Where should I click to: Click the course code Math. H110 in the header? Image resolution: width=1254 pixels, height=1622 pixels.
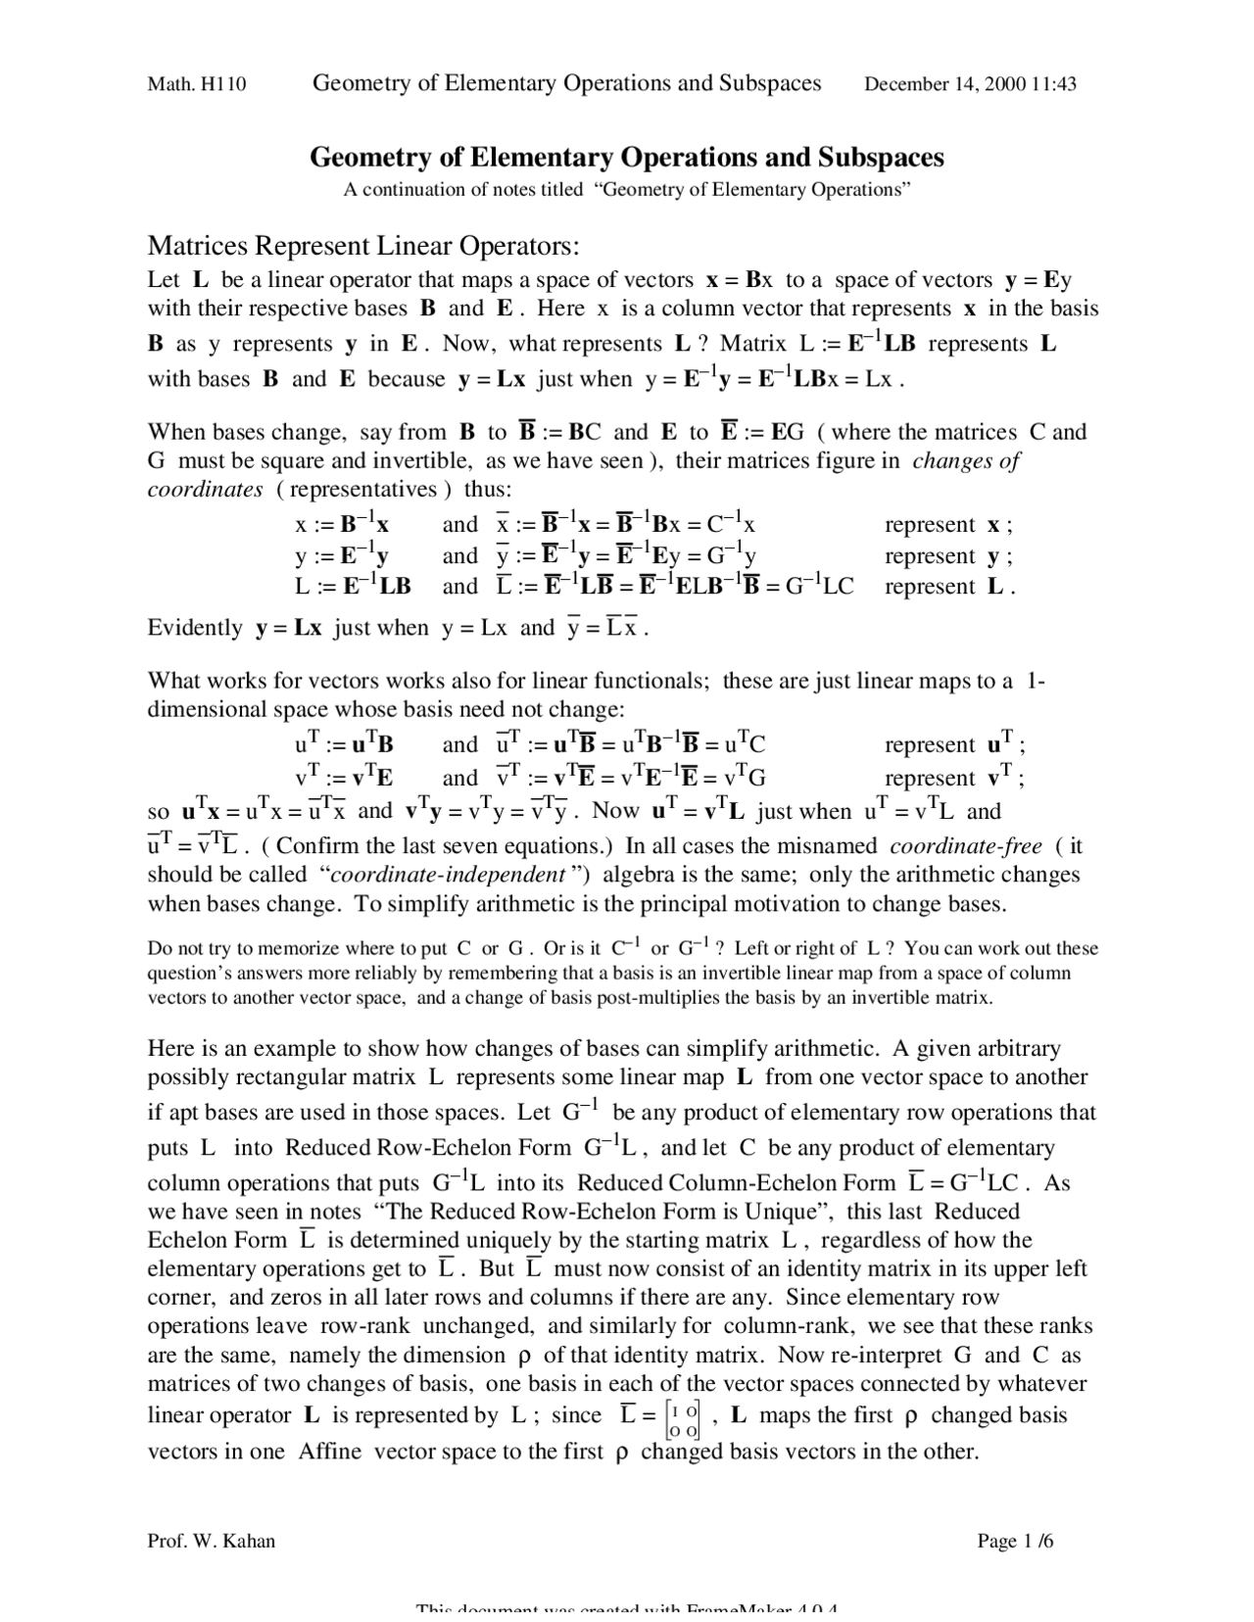[196, 84]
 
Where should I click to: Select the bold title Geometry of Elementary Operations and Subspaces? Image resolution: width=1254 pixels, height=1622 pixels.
[627, 157]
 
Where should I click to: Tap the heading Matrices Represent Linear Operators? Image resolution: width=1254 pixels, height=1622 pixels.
[363, 244]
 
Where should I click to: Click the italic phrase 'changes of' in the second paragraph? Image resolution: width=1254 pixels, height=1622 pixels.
[966, 461]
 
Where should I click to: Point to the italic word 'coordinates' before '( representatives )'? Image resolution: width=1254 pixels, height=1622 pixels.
[205, 490]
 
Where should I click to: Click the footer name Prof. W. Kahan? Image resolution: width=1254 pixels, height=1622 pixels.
[211, 1542]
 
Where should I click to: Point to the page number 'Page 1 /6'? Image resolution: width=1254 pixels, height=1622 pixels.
[1015, 1542]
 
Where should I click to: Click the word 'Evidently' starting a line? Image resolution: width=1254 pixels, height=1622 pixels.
[195, 628]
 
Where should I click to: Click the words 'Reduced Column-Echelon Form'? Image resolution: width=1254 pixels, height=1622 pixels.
[736, 1183]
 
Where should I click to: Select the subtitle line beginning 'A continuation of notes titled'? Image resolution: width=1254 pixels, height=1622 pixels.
[627, 190]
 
